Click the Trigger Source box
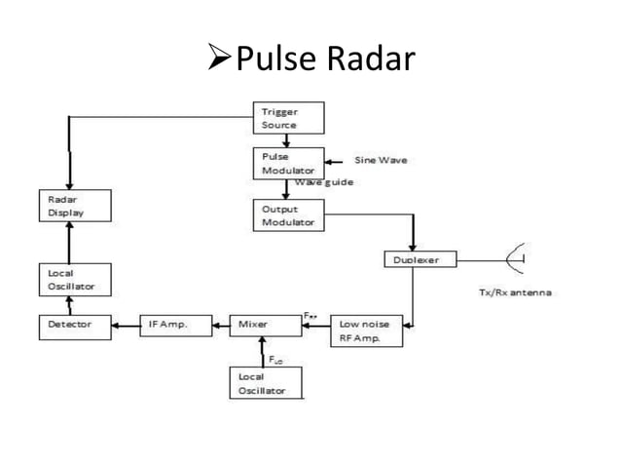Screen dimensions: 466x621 [288, 118]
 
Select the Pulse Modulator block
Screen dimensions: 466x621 [282, 162]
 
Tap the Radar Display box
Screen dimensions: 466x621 [74, 207]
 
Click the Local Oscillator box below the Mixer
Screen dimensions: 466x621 [265, 382]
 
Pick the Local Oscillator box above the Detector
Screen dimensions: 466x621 [74, 279]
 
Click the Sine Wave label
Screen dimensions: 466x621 [381, 160]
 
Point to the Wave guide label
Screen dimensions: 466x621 [323, 181]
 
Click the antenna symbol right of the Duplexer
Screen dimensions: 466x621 [516, 260]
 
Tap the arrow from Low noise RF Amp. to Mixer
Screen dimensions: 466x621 [316, 326]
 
